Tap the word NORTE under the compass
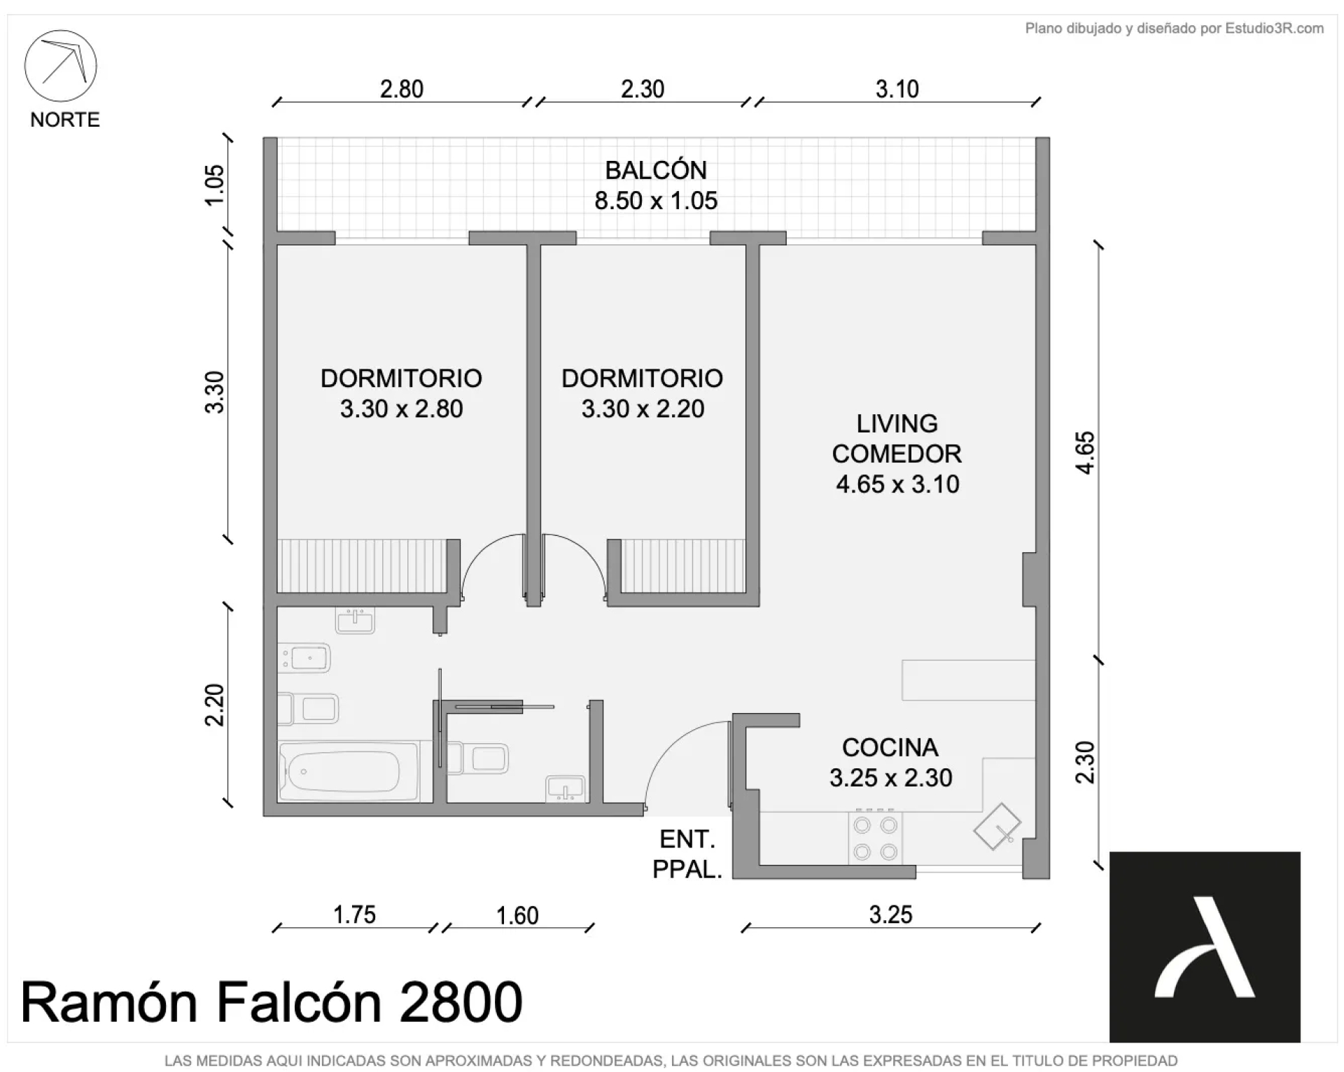pos(65,120)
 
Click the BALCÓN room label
pos(656,170)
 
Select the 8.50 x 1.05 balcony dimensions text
pos(656,201)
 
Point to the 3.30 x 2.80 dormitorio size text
pos(401,409)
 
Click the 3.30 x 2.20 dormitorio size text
pos(643,409)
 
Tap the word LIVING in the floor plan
pos(897,423)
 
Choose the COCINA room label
pos(890,747)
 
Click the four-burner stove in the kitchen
pos(876,838)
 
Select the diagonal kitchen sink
pos(997,826)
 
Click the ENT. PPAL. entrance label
pos(687,854)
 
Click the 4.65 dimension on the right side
pos(1084,453)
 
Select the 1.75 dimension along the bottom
pos(354,915)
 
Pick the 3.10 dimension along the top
pos(897,89)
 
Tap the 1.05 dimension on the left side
pos(214,185)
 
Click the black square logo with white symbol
pos(1205,947)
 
